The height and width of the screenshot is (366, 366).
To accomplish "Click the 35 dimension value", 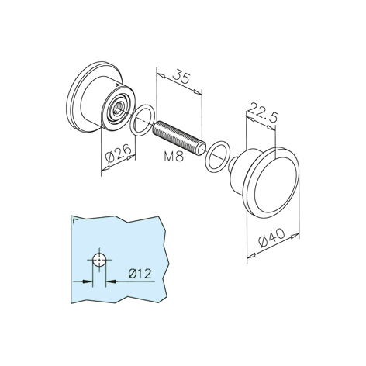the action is coord(181,76).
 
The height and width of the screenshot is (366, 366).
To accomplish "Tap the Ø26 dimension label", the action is coord(119,152).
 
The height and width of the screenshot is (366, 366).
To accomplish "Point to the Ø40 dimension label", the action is coord(271,238).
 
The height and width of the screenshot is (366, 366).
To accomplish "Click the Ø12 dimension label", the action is coord(140,274).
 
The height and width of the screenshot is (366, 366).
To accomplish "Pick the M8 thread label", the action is coord(174,157).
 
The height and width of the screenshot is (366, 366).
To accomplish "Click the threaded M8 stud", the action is coord(179,138).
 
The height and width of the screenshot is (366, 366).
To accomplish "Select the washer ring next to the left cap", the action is coord(143,120).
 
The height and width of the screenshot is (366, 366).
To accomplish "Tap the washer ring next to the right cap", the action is coord(217,156).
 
